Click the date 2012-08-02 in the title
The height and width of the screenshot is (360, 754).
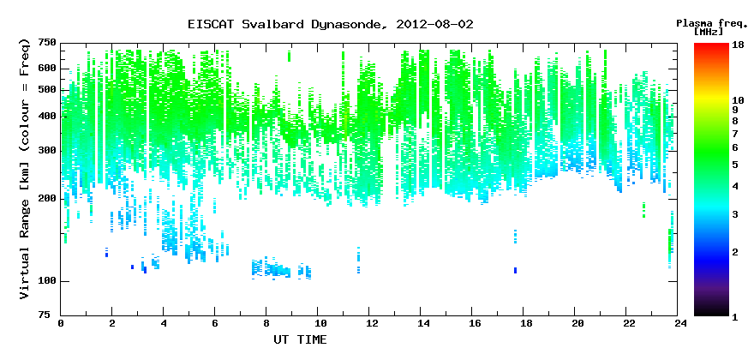434,25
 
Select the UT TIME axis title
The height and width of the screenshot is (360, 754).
300,339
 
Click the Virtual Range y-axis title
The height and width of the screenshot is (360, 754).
25,169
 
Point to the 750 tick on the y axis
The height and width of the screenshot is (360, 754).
48,44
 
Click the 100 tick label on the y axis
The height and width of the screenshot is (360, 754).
48,281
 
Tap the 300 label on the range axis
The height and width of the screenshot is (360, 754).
48,151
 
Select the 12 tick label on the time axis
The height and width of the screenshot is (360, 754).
368,323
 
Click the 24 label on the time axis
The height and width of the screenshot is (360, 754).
677,323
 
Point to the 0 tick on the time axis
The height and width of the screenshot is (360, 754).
61,323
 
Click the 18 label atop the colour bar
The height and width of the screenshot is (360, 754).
738,44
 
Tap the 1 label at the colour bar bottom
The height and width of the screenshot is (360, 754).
735,317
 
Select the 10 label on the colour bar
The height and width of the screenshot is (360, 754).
738,100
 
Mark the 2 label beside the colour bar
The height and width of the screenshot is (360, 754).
735,252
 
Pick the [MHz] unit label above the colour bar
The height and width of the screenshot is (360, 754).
709,32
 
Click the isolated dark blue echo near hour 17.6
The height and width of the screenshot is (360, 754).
515,271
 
